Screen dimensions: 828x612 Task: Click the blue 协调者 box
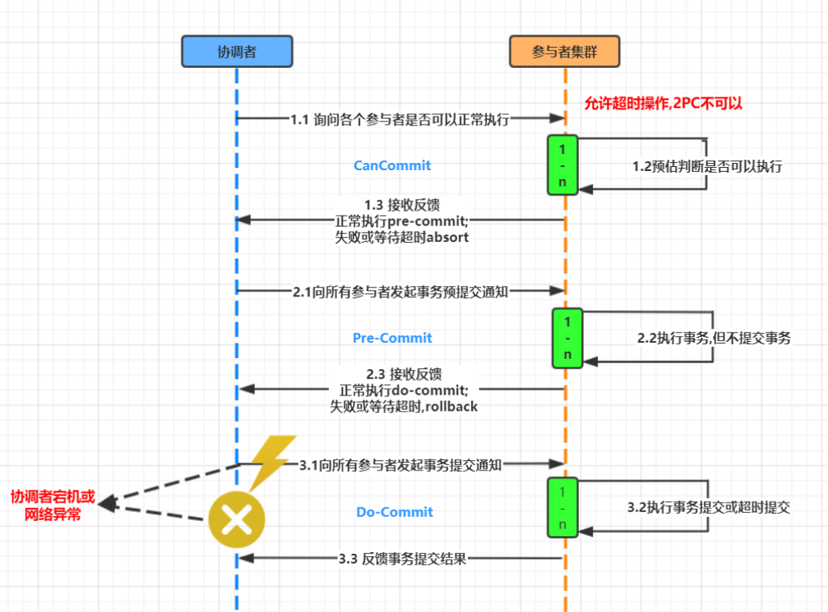(x=237, y=51)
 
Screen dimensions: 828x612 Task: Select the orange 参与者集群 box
(x=565, y=51)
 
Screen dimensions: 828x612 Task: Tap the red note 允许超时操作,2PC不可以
(x=664, y=103)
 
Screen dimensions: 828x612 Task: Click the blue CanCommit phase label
(x=392, y=165)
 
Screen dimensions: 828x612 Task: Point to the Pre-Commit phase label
(x=392, y=338)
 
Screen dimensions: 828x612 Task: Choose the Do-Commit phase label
(x=394, y=511)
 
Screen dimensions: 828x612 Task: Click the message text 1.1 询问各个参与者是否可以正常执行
(x=400, y=119)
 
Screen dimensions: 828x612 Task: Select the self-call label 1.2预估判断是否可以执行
(x=707, y=166)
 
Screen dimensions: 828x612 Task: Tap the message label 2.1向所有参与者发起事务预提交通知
(x=400, y=292)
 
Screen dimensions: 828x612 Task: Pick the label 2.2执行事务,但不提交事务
(x=714, y=338)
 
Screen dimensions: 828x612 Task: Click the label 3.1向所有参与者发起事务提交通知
(x=400, y=465)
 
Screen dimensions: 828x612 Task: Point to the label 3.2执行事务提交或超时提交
(x=709, y=507)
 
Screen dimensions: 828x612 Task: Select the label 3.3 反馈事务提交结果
(x=402, y=558)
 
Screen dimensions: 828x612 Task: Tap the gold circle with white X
(x=236, y=519)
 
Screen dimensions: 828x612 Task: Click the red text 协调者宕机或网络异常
(x=53, y=505)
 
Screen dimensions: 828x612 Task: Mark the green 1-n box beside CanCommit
(x=562, y=165)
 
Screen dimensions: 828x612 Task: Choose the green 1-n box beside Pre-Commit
(x=568, y=338)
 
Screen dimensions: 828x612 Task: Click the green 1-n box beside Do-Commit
(x=562, y=508)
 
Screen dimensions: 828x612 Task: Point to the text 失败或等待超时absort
(x=402, y=237)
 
